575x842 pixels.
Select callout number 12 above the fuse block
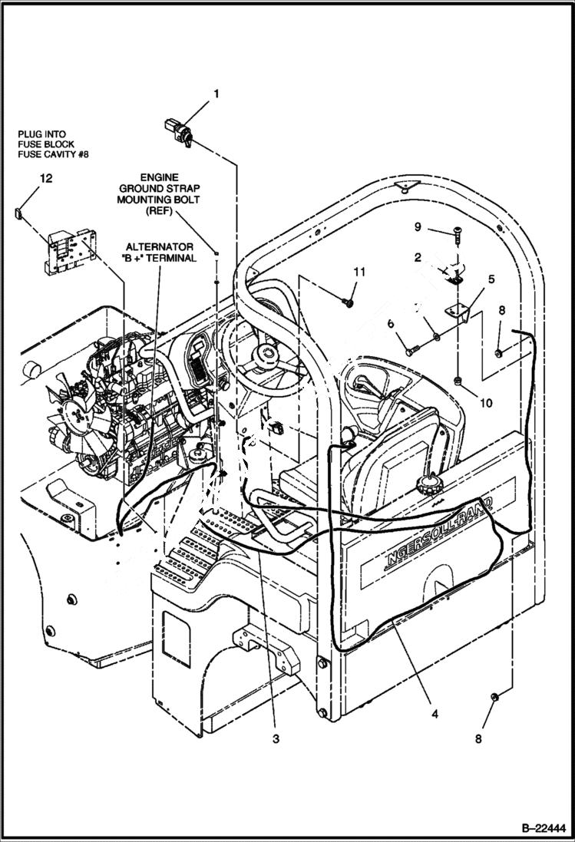(47, 179)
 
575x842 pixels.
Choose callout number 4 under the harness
(435, 714)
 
